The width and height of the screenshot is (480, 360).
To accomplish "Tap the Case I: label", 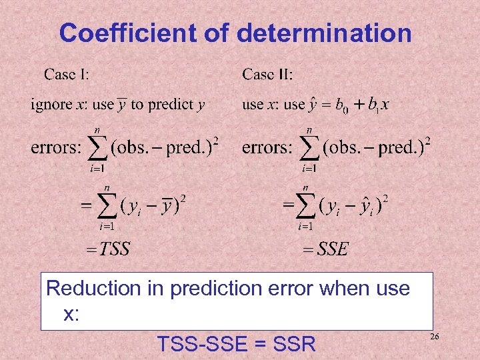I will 67,73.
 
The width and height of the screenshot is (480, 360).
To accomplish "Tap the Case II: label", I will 267,73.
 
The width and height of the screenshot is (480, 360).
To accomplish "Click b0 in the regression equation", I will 341,105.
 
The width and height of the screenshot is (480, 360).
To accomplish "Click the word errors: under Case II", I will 267,147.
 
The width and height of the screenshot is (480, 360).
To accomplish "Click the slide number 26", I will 435,338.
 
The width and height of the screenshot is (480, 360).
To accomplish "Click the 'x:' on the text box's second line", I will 71,314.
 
